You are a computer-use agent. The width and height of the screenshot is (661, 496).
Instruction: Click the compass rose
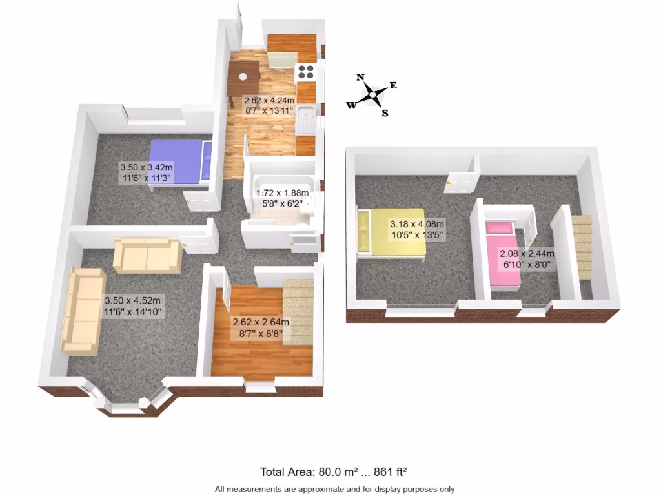[372, 96]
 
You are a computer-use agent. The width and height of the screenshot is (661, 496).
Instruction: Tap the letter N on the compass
[360, 77]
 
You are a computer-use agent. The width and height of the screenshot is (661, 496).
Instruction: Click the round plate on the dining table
[243, 76]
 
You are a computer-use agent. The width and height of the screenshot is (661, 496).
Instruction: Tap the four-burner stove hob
[305, 72]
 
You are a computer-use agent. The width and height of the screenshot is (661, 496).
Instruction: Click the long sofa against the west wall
[83, 310]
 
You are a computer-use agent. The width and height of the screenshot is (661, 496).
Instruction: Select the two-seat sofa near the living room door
[147, 255]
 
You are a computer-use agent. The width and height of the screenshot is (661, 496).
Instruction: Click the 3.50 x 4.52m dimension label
[133, 306]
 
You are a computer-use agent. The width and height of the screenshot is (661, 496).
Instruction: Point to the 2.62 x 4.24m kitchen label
[269, 105]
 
